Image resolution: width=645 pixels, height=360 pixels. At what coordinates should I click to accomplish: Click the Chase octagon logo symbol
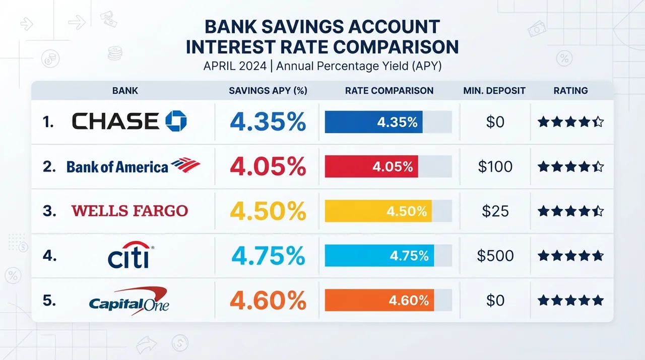pos(176,121)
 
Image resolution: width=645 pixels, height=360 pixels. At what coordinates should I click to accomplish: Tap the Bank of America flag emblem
pos(185,165)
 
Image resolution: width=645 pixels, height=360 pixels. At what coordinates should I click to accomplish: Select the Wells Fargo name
pos(130,211)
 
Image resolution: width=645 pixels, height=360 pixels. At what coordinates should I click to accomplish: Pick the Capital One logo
pos(129,301)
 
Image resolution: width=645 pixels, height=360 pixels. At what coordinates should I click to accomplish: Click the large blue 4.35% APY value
pos(268,122)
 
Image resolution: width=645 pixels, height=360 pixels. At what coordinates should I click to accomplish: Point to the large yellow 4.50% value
pos(268,211)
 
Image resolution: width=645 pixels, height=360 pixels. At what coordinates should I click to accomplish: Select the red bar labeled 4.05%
pos(371,166)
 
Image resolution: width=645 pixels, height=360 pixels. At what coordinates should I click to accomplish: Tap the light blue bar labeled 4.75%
pos(379,256)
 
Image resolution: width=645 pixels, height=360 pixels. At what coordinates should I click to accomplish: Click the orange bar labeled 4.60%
pos(379,300)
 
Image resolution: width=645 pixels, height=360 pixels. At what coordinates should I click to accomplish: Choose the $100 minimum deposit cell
pos(495,166)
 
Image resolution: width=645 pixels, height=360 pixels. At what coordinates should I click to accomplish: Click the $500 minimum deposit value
pos(495,256)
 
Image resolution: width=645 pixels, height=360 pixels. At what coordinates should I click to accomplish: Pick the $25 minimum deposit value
pos(495,211)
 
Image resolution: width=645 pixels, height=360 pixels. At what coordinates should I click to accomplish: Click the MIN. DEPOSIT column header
pos(494,91)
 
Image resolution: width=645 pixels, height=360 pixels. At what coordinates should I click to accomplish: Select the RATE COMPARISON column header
pos(390,91)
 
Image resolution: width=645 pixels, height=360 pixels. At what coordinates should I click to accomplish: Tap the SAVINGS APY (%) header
pos(268,91)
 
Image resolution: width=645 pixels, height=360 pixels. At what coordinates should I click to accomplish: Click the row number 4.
pos(49,256)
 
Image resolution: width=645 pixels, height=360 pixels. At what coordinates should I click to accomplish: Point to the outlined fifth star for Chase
pos(598,122)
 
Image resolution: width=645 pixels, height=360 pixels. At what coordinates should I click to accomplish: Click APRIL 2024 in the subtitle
pos(235,66)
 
